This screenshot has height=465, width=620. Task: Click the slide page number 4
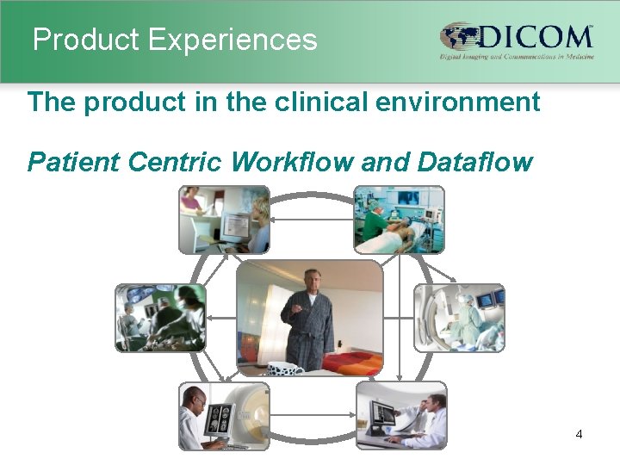579,434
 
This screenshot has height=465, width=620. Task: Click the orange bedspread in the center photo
353,357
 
